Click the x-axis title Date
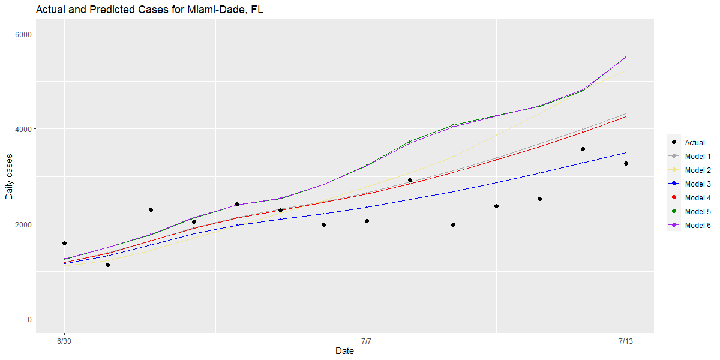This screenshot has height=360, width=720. (344, 351)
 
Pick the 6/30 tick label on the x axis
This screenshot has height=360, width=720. (64, 341)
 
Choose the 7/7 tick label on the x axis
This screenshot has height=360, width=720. (367, 341)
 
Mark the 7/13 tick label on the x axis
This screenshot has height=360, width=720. (626, 341)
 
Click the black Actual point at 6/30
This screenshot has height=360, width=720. (64, 243)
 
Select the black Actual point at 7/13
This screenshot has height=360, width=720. (626, 163)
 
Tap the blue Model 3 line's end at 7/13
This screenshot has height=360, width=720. (626, 152)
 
